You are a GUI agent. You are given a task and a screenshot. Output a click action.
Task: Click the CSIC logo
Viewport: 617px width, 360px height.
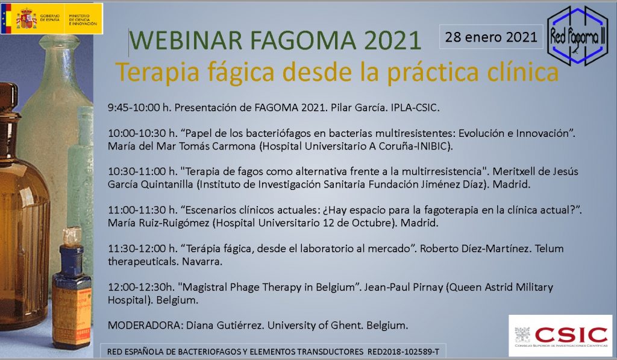560,336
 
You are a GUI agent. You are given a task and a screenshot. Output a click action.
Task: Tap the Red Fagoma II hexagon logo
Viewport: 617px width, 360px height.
577,36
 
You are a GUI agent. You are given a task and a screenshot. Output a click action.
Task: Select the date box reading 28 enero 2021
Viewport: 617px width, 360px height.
491,37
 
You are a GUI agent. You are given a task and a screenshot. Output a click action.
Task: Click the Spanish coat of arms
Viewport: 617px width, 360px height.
27,19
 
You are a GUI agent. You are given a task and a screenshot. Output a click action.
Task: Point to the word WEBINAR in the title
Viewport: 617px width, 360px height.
186,40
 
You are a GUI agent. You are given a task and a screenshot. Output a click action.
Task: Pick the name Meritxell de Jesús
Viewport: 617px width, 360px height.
536,171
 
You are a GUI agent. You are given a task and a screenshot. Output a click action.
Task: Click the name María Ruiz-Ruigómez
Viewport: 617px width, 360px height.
158,223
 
